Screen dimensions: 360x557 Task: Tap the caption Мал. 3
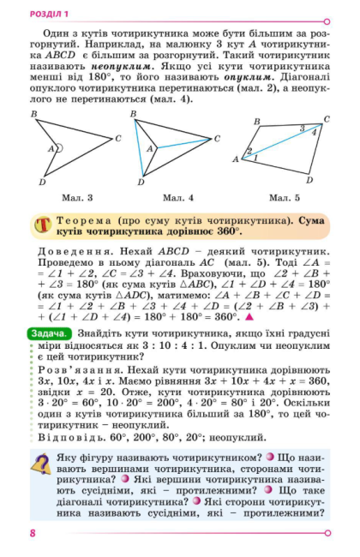click(79, 198)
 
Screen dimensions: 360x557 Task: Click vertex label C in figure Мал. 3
click(118, 137)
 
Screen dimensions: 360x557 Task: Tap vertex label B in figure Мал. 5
click(257, 122)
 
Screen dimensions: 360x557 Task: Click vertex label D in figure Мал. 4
click(135, 183)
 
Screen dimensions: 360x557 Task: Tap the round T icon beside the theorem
click(43, 225)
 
